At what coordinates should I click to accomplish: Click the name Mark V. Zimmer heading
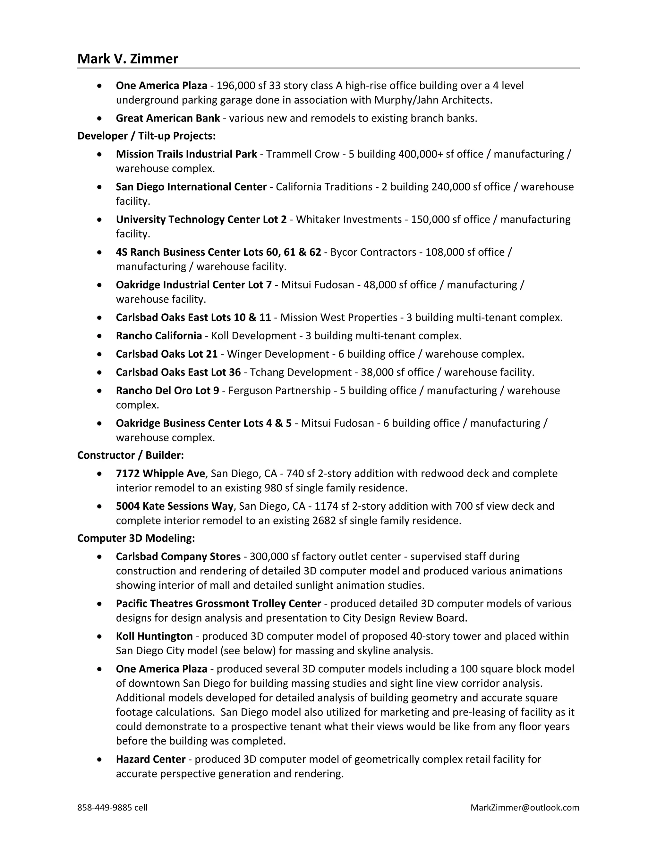tap(128, 59)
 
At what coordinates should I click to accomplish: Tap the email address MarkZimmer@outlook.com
tap(525, 807)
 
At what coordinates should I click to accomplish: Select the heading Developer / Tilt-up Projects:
tap(146, 136)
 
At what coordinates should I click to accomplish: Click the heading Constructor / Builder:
tap(130, 455)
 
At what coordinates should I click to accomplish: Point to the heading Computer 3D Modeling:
tap(136, 538)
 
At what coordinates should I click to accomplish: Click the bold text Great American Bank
tap(168, 118)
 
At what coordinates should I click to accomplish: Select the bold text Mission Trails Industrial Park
tap(186, 154)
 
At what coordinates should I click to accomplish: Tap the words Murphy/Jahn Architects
tap(433, 100)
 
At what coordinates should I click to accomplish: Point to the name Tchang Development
tap(301, 372)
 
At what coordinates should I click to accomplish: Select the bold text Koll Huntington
tap(154, 636)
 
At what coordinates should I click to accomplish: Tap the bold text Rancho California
tap(159, 336)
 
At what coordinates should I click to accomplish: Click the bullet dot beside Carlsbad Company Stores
tap(100, 557)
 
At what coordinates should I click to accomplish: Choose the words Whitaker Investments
tap(349, 219)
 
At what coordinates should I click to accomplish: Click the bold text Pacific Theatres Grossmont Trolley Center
tap(218, 603)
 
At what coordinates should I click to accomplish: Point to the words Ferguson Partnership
tap(279, 390)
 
